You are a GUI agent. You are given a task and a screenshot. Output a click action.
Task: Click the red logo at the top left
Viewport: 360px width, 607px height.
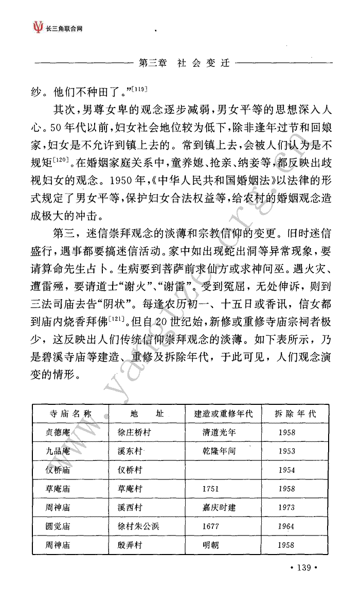(37, 26)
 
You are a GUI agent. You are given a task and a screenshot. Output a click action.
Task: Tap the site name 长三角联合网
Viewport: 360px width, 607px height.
(64, 28)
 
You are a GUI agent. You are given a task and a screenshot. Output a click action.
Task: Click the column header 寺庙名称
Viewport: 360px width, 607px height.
(70, 414)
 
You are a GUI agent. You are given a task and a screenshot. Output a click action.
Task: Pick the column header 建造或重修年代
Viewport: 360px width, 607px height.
(223, 414)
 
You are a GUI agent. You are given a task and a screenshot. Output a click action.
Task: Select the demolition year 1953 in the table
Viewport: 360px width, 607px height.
(287, 451)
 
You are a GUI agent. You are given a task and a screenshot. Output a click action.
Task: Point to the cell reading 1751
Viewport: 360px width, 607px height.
(211, 489)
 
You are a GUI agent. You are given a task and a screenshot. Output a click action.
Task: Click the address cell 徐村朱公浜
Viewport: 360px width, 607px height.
(135, 526)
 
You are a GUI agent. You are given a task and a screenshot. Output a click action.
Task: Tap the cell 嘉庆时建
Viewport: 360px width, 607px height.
(219, 507)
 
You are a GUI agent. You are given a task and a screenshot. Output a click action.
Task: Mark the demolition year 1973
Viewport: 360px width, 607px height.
(287, 507)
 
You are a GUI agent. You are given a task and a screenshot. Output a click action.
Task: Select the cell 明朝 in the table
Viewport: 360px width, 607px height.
(211, 545)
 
